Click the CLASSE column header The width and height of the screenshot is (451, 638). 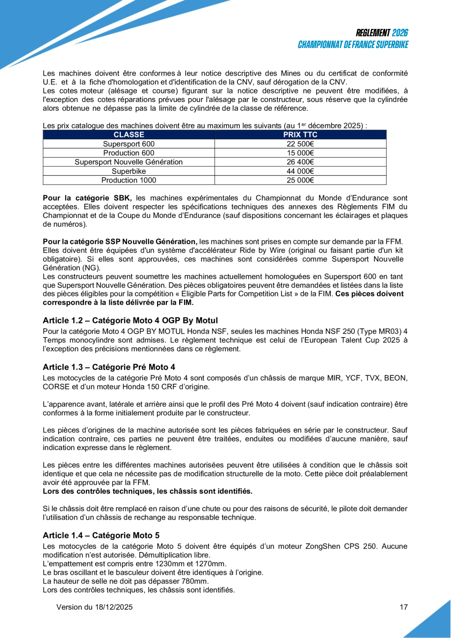tap(129, 134)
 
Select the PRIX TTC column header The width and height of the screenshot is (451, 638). tap(300, 134)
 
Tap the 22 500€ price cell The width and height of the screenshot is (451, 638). tap(300, 144)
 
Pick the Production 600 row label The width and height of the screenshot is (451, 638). tap(129, 153)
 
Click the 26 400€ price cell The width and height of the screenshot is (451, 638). tap(300, 162)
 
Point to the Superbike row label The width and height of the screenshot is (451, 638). tap(129, 171)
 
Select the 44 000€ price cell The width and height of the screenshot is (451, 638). tap(300, 171)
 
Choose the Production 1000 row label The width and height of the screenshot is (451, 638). tap(129, 180)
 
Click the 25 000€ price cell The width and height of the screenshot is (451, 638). tap(300, 180)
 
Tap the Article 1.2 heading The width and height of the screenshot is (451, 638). tap(130, 320)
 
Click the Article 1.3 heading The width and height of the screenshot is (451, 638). tap(109, 367)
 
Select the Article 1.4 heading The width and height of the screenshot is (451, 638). tap(101, 534)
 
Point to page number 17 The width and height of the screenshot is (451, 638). tap(404, 607)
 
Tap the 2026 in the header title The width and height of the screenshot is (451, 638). tap(400, 33)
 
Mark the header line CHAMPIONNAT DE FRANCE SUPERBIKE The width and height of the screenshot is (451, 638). tap(353, 45)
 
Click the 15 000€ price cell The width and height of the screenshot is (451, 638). tap(300, 153)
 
